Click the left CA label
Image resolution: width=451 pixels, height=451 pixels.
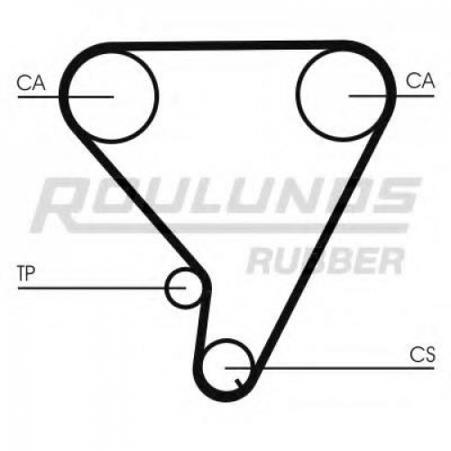[x=31, y=83]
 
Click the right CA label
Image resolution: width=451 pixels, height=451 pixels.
[x=420, y=80]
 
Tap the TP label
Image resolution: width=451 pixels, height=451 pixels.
[x=26, y=273]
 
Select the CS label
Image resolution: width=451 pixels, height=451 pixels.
[x=422, y=354]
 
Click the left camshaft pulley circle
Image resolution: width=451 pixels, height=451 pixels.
[x=156, y=97]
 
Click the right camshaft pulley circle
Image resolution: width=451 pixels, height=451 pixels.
[x=297, y=96]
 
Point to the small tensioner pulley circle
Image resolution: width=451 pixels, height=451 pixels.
[x=166, y=288]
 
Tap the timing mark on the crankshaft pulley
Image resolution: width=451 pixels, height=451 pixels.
[x=240, y=383]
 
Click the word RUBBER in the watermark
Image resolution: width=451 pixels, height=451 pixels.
[x=326, y=261]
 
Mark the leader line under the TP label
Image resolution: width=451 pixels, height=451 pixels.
[x=102, y=288]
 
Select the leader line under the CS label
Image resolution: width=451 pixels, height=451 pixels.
[x=329, y=368]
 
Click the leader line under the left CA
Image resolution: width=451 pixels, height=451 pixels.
[x=66, y=97]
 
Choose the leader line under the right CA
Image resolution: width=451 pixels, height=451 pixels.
[x=391, y=96]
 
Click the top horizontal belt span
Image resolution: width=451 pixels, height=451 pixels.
[x=228, y=46]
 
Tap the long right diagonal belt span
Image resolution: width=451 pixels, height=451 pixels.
[x=318, y=246]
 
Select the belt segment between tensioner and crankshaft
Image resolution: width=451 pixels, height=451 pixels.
[x=204, y=325]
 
